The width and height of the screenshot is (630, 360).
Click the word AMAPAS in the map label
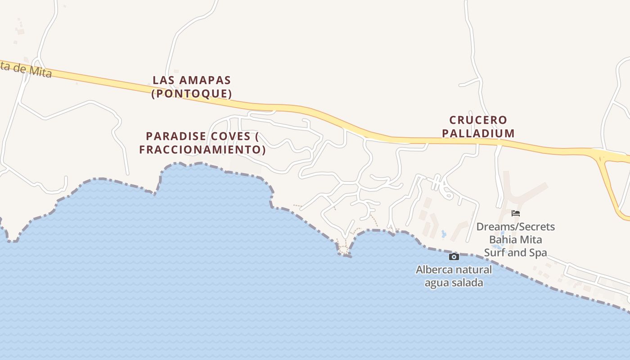tap(205, 80)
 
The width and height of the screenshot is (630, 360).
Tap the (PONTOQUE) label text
tap(192, 94)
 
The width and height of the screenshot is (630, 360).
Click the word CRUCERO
tap(478, 120)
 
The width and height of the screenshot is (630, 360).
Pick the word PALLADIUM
tap(478, 133)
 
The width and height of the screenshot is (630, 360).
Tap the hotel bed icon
tap(516, 213)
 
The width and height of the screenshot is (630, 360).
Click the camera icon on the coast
tap(454, 256)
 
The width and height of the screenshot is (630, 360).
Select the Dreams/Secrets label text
tap(516, 226)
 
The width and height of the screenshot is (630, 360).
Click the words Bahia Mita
tap(516, 239)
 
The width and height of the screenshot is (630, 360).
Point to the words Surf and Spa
tap(516, 252)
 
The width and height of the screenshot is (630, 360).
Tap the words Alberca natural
tap(454, 270)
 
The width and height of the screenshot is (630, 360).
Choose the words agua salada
tap(454, 283)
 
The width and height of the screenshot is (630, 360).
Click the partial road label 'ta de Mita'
tap(26, 68)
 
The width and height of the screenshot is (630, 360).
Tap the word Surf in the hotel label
tap(494, 252)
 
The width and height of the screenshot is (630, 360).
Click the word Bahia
tap(501, 239)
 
